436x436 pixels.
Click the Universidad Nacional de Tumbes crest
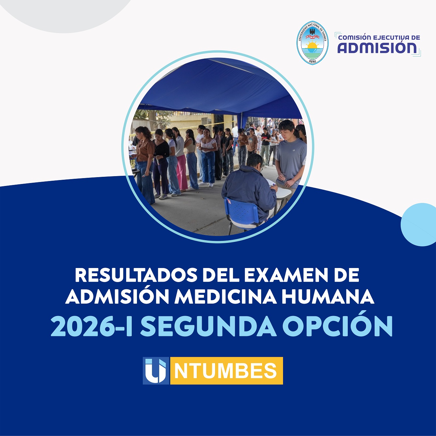(x=312, y=42)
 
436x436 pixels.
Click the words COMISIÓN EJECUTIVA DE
(x=379, y=38)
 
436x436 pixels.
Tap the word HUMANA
(x=328, y=297)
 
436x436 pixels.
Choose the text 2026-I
(x=92, y=326)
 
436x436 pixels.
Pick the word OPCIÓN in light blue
(x=337, y=326)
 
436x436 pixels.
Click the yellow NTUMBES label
(x=226, y=371)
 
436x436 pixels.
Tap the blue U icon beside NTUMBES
(x=156, y=371)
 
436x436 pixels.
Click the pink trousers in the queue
(x=182, y=172)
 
